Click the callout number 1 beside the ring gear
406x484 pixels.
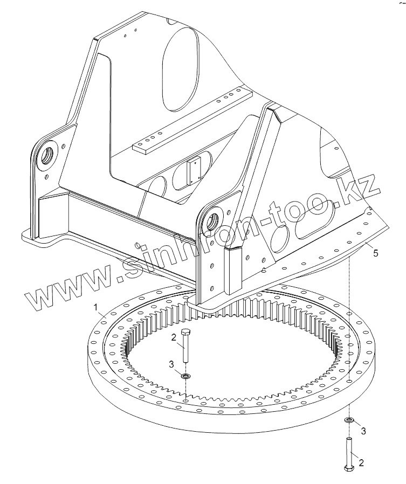click(95, 307)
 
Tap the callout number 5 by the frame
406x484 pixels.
click(375, 252)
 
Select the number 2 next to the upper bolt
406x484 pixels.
click(173, 338)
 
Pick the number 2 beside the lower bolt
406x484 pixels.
click(361, 462)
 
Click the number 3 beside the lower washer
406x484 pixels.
click(363, 431)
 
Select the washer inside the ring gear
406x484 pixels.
click(186, 375)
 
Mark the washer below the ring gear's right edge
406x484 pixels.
click(349, 420)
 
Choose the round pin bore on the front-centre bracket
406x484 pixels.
click(212, 219)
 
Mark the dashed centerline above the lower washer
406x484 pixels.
click(349, 334)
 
